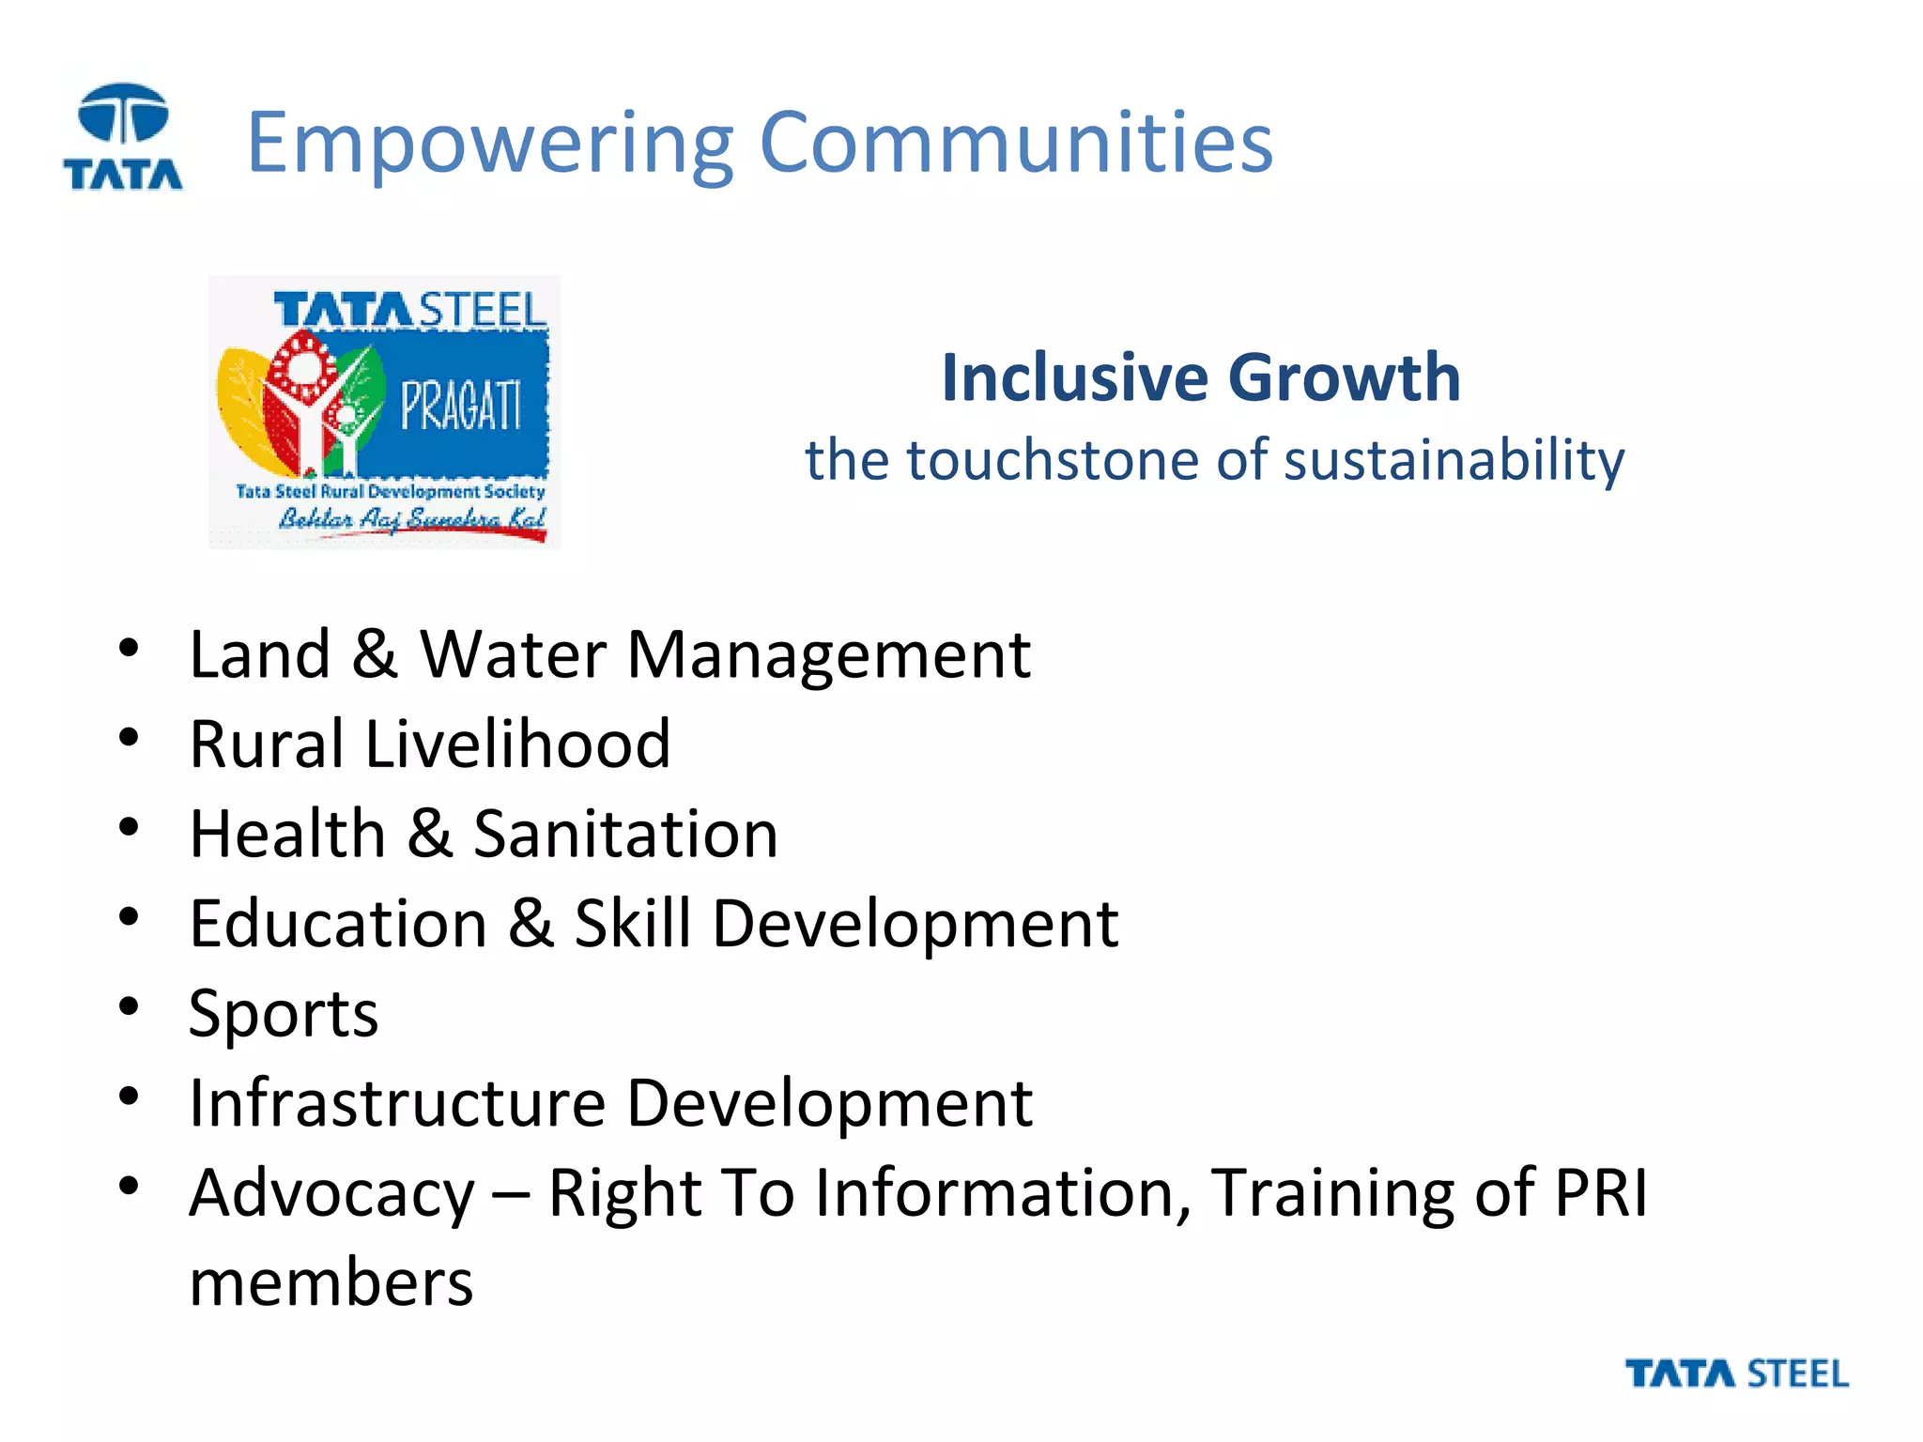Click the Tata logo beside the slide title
tap(123, 137)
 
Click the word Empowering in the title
tap(488, 143)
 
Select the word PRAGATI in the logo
tap(460, 407)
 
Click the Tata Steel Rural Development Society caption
tap(390, 491)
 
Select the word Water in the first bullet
tap(513, 654)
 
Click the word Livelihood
tap(517, 744)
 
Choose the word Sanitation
tap(625, 834)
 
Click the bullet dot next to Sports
tap(129, 1006)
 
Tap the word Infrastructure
tap(397, 1103)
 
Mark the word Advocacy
tap(331, 1194)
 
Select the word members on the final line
tap(331, 1283)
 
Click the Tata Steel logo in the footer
tap(1736, 1373)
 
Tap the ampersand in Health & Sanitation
tap(429, 834)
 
